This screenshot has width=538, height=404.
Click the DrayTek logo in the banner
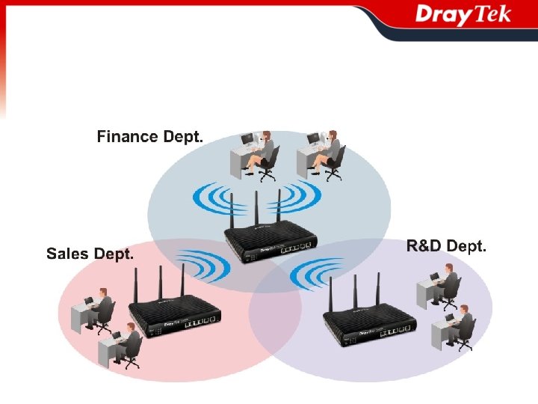click(x=463, y=15)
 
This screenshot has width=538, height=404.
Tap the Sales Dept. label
click(x=90, y=254)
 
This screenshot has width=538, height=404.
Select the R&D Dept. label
click(x=447, y=245)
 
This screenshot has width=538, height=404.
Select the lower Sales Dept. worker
click(x=123, y=344)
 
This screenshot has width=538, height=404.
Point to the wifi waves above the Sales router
click(x=197, y=266)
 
